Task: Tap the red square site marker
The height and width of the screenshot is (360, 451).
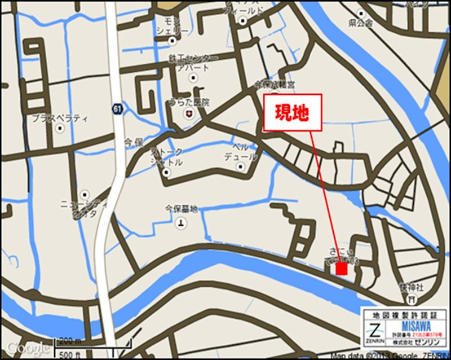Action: pyautogui.click(x=341, y=269)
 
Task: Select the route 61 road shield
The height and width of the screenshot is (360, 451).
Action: pyautogui.click(x=116, y=109)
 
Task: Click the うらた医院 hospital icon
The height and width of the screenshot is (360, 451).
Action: pyautogui.click(x=188, y=115)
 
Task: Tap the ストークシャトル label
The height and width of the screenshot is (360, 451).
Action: pyautogui.click(x=166, y=157)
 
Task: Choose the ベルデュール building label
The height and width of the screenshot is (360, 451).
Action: pyautogui.click(x=240, y=152)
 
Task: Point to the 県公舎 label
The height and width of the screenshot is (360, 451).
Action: pyautogui.click(x=361, y=23)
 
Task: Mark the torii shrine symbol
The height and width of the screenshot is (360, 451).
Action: pyautogui.click(x=412, y=297)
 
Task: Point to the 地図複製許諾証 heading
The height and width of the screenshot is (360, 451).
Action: pyautogui.click(x=404, y=314)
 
